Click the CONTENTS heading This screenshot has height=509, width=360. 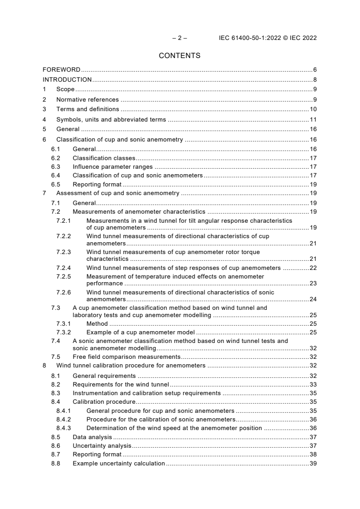180,56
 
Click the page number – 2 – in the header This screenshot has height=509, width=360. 179,38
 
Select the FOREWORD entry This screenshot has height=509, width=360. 61,70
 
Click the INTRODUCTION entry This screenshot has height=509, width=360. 67,80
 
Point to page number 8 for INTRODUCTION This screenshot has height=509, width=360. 315,80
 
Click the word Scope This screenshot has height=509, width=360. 65,90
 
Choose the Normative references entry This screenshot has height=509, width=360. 87,100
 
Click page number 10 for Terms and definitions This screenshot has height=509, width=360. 313,109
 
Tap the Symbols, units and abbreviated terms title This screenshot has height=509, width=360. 111,120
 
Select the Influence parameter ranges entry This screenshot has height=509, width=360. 106,167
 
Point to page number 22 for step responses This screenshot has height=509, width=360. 313,268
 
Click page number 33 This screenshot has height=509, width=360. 313,384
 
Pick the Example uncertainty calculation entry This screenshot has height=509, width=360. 118,464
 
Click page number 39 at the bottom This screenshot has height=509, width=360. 313,464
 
